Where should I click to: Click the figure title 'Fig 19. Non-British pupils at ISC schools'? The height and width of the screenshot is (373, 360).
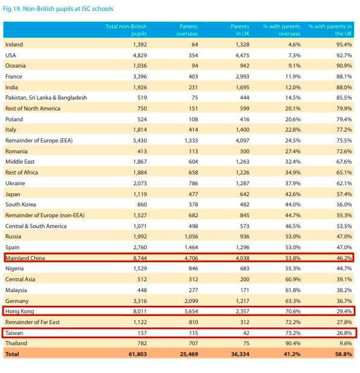58,9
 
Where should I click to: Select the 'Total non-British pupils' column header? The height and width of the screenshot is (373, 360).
126,30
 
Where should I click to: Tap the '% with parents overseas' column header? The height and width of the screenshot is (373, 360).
282,30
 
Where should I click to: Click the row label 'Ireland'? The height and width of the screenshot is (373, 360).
14,45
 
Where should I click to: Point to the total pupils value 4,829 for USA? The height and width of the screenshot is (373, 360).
140,56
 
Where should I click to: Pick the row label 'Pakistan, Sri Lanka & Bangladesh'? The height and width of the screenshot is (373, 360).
46,98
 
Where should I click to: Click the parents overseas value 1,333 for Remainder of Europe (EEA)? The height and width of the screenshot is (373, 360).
191,141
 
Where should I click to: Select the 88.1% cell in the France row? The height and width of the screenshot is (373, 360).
344,77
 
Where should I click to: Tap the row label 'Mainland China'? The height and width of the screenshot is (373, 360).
25,258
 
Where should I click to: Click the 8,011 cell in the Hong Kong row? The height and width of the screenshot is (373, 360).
140,311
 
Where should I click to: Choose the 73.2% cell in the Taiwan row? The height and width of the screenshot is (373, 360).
292,333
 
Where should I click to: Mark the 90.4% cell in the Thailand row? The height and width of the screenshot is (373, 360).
292,343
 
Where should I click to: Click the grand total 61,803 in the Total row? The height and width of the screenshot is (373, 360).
137,354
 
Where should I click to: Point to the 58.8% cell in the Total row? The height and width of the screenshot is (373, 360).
343,354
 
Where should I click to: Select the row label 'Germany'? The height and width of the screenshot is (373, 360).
17,301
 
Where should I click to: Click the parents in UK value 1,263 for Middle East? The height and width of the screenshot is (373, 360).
242,162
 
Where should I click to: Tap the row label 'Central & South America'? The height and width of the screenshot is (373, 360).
36,226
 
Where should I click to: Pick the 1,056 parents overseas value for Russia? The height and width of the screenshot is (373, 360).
191,237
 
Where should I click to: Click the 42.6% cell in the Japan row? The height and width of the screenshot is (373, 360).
292,194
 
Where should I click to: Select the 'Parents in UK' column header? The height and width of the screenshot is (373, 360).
240,30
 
